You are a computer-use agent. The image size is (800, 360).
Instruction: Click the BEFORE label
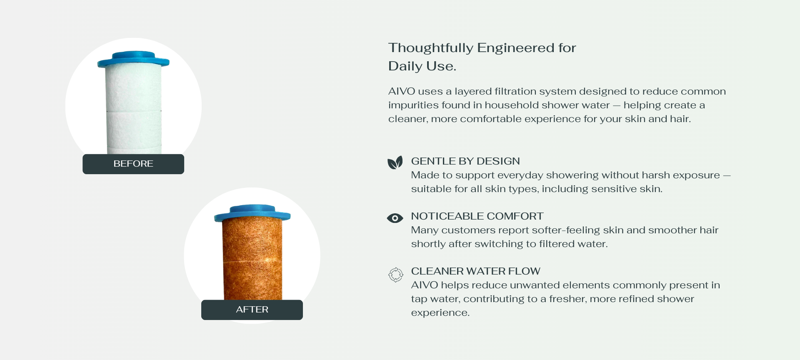(x=133, y=164)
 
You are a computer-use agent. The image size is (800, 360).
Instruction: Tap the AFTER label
(x=252, y=310)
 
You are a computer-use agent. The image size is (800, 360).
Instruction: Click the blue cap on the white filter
(x=133, y=59)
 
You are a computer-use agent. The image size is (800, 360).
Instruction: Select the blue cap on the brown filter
(x=252, y=213)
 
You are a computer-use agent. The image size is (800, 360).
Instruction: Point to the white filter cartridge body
(x=133, y=110)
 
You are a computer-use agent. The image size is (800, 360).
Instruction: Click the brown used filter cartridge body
(x=252, y=260)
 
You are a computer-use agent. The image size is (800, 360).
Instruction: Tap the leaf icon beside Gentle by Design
(x=395, y=162)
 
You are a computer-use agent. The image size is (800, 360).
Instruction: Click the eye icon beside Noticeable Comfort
(x=395, y=218)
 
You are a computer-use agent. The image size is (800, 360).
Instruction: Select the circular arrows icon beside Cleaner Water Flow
(x=395, y=275)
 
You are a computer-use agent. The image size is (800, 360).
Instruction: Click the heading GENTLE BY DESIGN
(x=465, y=161)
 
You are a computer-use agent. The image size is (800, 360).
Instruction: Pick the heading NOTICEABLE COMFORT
(x=477, y=216)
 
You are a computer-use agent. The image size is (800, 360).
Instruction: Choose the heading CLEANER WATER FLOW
(x=475, y=271)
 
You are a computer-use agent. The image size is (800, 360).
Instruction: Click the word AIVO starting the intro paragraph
(x=402, y=91)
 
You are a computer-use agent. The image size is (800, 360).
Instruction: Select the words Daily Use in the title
(x=422, y=66)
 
